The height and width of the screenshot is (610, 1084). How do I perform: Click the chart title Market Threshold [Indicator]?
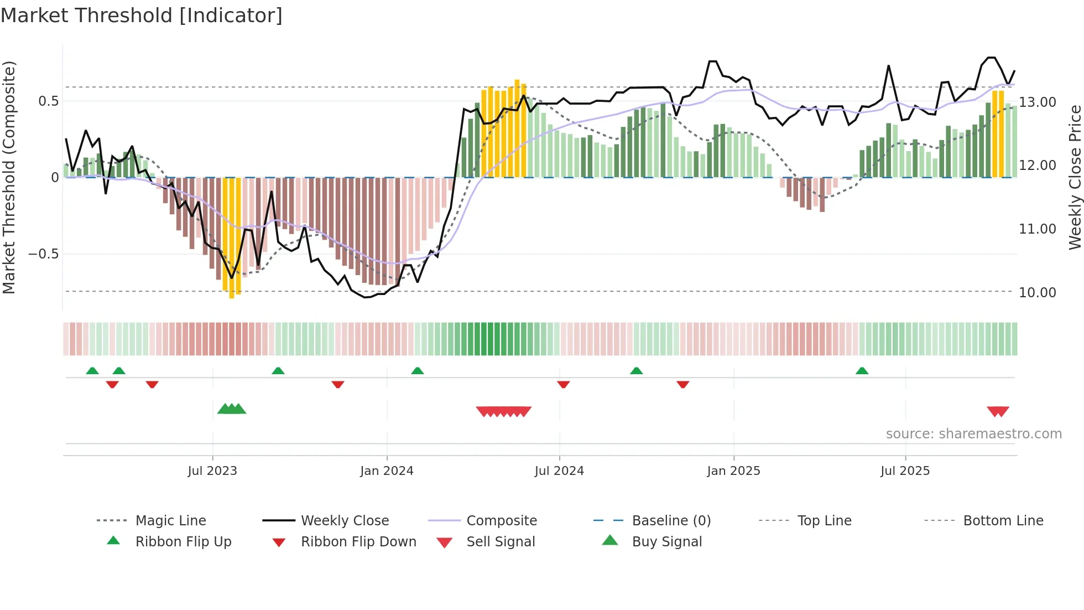click(142, 15)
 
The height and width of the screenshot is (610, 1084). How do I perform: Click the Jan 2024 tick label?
click(387, 471)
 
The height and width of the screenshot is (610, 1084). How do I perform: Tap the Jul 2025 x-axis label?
click(905, 471)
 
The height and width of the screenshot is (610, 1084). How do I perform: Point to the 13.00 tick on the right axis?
click(1037, 102)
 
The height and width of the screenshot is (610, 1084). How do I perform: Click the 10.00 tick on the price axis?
click(1037, 292)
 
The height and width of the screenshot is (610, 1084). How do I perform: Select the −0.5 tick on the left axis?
click(43, 254)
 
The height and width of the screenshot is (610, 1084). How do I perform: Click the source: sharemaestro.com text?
click(973, 433)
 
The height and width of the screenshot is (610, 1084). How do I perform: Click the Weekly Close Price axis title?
click(1075, 177)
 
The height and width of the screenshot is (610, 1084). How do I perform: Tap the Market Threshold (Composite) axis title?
click(9, 177)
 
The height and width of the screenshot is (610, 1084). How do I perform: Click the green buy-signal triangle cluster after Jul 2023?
click(232, 409)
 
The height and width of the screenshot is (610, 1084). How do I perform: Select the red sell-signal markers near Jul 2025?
click(998, 411)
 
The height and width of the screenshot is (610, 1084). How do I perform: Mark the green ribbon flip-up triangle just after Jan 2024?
click(418, 371)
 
